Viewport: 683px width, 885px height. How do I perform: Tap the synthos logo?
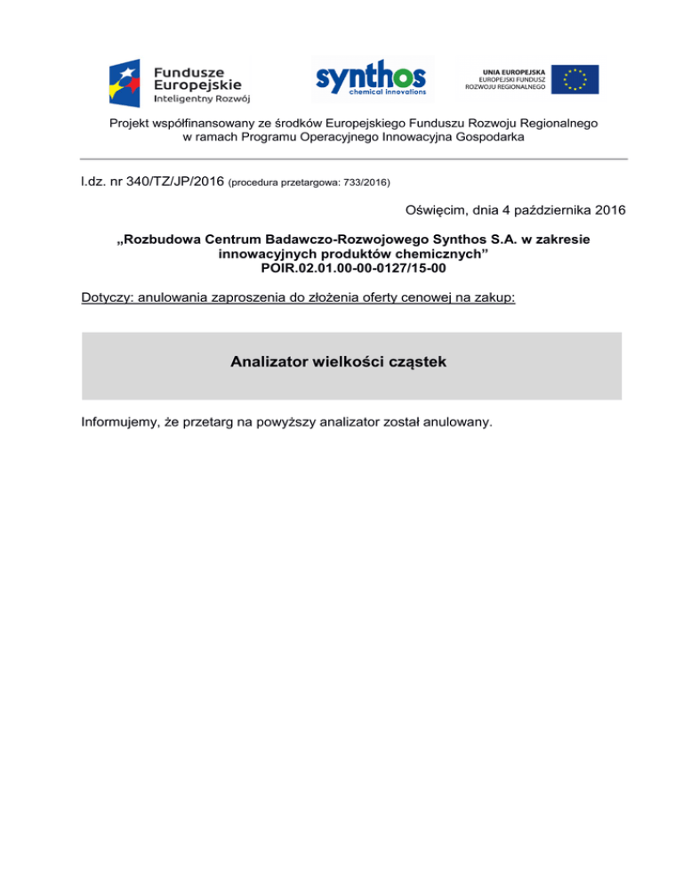372,78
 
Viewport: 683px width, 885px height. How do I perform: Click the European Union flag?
574,79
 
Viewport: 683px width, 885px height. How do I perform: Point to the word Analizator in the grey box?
272,362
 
